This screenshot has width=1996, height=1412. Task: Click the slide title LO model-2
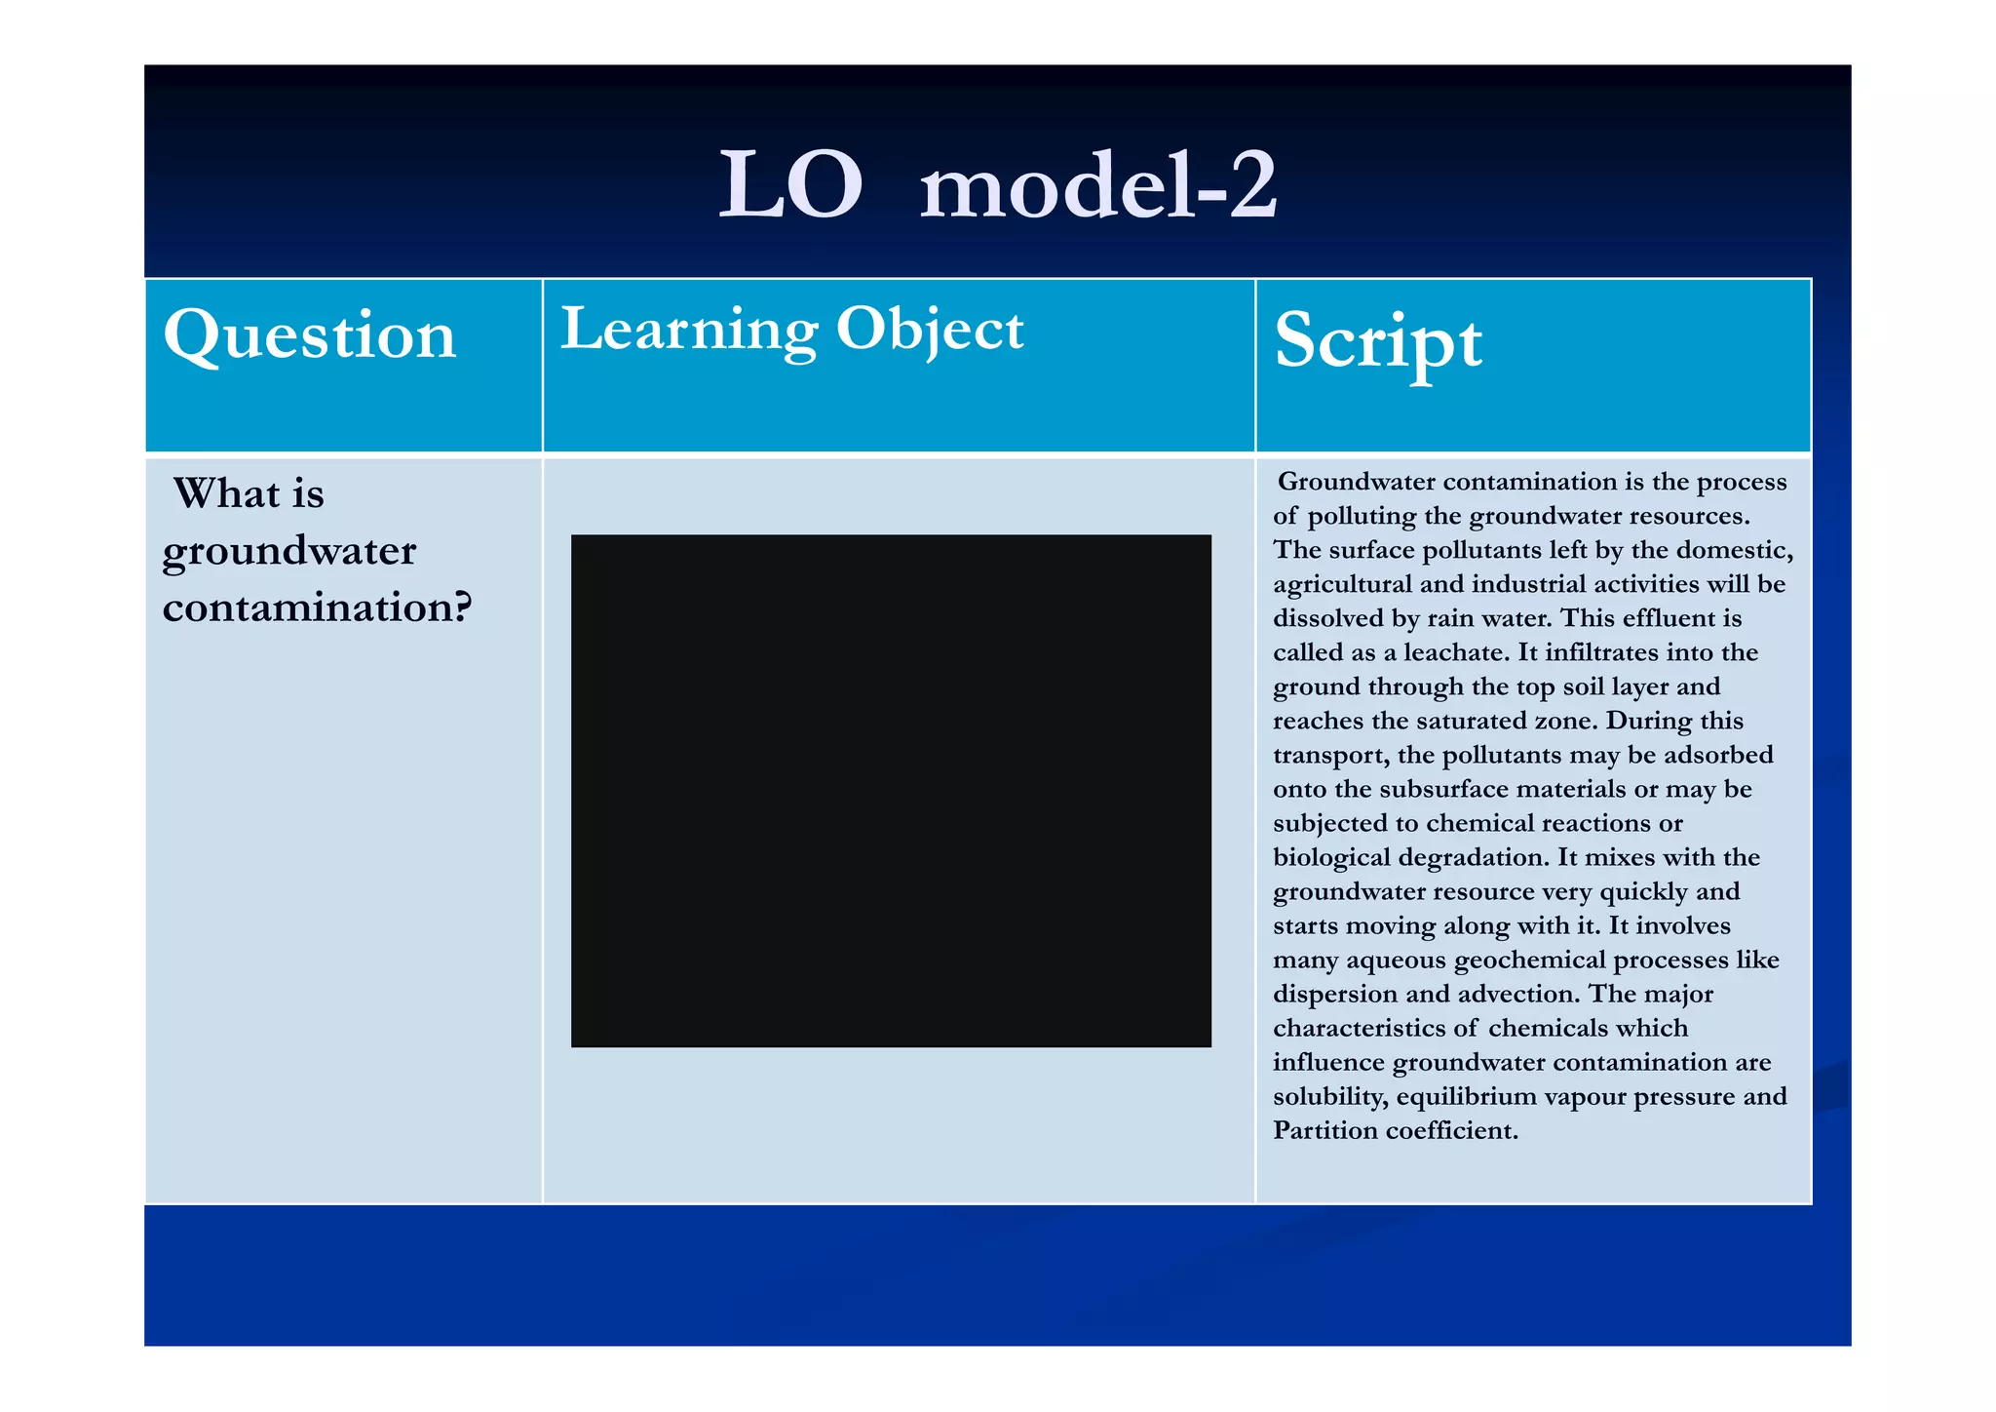pyautogui.click(x=997, y=185)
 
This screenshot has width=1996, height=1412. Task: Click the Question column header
pyautogui.click(x=310, y=336)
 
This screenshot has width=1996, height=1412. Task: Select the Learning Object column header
pyautogui.click(x=791, y=330)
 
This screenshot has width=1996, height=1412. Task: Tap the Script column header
pyautogui.click(x=1378, y=341)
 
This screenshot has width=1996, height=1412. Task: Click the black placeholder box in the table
pyautogui.click(x=891, y=790)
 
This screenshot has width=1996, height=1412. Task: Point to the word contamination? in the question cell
pyautogui.click(x=317, y=608)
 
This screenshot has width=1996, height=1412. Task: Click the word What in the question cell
pyautogui.click(x=220, y=493)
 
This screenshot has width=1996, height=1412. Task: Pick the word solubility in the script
pyautogui.click(x=1330, y=1097)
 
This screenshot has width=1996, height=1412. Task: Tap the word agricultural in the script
pyautogui.click(x=1342, y=584)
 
